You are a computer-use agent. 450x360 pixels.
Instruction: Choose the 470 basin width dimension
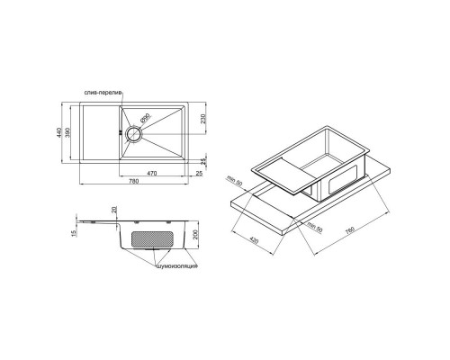[152, 172]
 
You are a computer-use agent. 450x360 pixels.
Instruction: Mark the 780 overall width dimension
[134, 184]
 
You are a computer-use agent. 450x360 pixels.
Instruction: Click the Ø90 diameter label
[148, 117]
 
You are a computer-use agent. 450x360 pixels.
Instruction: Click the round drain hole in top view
[132, 132]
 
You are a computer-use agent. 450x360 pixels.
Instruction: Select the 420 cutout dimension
[255, 244]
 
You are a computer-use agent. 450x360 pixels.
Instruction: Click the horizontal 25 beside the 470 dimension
[201, 172]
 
